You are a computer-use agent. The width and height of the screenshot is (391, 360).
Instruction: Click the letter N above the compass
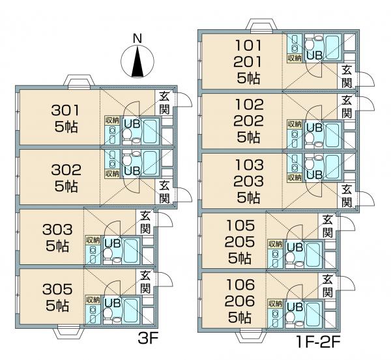(137, 39)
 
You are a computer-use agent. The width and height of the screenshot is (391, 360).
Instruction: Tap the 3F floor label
(149, 339)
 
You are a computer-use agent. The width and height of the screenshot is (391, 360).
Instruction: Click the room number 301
(65, 111)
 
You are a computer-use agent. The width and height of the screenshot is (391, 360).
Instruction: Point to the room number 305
(57, 289)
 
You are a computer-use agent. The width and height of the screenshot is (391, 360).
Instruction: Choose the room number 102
(250, 105)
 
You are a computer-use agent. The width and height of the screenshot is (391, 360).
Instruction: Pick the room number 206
(240, 301)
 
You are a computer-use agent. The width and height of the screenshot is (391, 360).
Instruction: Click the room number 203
(249, 181)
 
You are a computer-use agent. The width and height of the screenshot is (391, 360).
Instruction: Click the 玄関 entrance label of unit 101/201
(347, 76)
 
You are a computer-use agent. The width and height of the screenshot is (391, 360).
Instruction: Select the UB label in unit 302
(132, 171)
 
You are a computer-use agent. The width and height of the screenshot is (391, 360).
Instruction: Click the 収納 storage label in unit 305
(93, 299)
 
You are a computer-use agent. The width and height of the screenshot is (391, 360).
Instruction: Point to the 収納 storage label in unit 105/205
(275, 244)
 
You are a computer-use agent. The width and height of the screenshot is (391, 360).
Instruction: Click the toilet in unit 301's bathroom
(127, 135)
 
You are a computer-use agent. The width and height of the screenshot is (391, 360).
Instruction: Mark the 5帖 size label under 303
(57, 246)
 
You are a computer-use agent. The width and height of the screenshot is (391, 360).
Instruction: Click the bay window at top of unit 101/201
(261, 25)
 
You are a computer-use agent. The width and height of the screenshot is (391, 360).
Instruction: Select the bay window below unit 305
(68, 331)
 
